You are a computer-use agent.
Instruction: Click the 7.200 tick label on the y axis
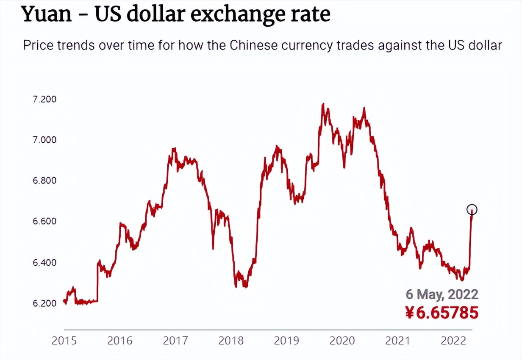[44, 100]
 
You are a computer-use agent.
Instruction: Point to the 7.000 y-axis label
[44, 140]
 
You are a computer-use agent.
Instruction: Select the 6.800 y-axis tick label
[44, 181]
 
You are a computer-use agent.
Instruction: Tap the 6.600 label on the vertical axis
[44, 222]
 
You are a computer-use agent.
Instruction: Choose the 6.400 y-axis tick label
[44, 263]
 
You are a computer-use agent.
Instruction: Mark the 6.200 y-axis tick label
[44, 303]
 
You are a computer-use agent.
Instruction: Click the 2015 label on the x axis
[64, 341]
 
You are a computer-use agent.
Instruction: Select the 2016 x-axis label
[120, 341]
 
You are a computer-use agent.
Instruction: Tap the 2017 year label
[176, 341]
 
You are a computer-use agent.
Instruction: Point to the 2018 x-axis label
[231, 341]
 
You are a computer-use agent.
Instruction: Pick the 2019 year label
[287, 341]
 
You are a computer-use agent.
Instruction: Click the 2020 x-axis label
[342, 341]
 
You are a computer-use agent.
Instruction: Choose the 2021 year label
[398, 341]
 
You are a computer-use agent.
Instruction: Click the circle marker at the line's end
[472, 209]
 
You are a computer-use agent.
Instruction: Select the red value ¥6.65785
[442, 313]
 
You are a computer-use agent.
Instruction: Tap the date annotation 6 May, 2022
[442, 294]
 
